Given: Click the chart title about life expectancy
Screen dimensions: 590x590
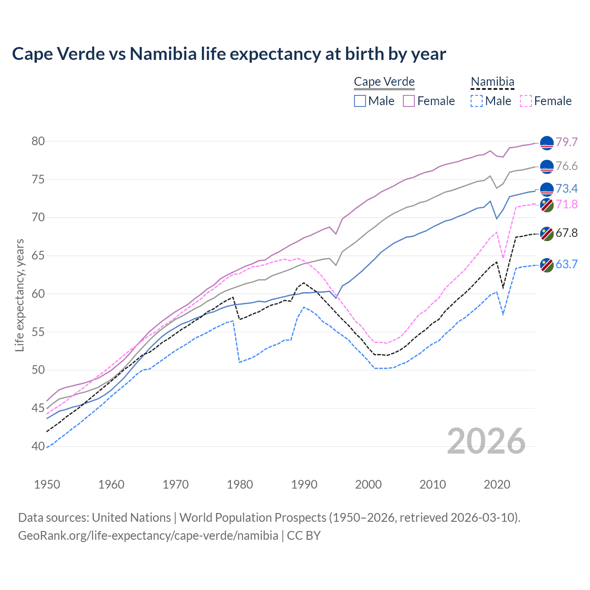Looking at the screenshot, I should coord(229,54).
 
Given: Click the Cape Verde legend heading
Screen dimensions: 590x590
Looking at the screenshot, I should coord(384,82).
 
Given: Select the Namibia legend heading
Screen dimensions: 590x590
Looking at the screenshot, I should coord(492,82).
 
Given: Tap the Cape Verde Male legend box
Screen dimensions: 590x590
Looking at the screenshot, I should coord(360,101).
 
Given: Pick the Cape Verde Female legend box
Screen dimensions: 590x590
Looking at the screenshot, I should coord(409,101).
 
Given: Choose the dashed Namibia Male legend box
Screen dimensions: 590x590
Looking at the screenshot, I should coord(477,101).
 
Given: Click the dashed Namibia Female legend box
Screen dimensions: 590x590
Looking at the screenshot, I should coord(525,101).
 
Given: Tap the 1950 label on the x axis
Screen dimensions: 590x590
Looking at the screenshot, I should coord(47,484).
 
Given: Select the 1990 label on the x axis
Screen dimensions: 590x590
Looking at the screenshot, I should coord(304,484).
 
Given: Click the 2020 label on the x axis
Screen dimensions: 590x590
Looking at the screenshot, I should coord(497,484).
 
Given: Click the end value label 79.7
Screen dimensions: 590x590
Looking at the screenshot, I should coord(566,142).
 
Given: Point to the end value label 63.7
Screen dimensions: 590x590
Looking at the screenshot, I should coord(566,264).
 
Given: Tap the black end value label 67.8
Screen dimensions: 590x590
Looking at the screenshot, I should coord(566,233).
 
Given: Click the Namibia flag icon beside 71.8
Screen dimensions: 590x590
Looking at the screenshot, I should coord(547,205).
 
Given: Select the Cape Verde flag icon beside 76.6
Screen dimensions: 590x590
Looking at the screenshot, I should coord(547,167).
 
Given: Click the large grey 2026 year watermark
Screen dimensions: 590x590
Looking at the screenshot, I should coord(486,441).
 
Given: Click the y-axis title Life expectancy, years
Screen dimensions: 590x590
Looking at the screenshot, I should coord(19,295).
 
